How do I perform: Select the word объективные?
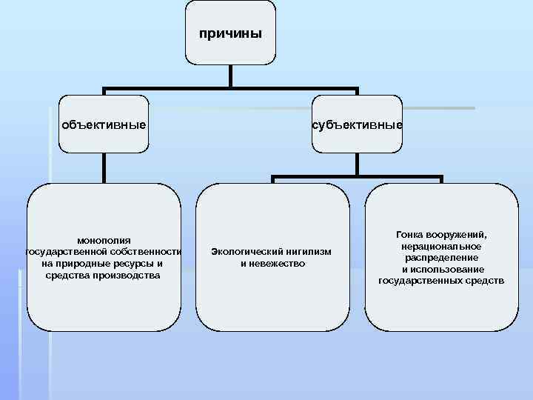[103, 124]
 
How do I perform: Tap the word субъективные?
[357, 124]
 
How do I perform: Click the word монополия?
[104, 240]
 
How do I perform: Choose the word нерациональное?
[442, 246]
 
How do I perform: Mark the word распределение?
[442, 258]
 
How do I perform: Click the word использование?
[448, 269]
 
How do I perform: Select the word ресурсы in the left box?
[130, 264]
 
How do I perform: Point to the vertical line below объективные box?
[104, 167]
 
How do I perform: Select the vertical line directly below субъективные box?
[357, 164]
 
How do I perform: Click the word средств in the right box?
[486, 281]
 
